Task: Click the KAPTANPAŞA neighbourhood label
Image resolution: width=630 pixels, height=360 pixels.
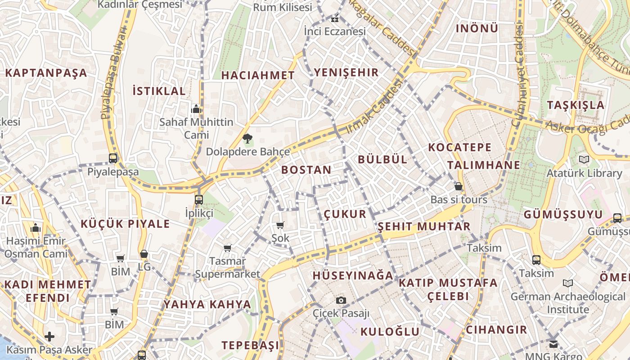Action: pyautogui.click(x=46, y=73)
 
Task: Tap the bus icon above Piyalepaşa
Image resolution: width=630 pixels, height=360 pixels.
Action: pyautogui.click(x=113, y=158)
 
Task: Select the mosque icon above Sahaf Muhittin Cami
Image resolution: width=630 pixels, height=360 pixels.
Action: pyautogui.click(x=196, y=109)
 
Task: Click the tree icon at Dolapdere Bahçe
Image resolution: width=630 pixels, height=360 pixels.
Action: pyautogui.click(x=247, y=139)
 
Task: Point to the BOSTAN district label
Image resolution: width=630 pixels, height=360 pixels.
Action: pyautogui.click(x=306, y=170)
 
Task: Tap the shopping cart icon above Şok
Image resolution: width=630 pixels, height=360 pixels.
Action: pyautogui.click(x=280, y=225)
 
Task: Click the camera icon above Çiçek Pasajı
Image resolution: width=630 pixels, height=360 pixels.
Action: pyautogui.click(x=341, y=300)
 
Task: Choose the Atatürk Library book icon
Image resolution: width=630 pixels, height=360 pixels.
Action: pyautogui.click(x=584, y=159)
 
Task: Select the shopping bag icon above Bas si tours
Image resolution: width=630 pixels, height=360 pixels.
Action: pyautogui.click(x=459, y=186)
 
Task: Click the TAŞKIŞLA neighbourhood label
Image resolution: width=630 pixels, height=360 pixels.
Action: pyautogui.click(x=576, y=105)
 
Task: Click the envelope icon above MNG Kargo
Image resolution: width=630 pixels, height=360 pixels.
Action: pyautogui.click(x=553, y=344)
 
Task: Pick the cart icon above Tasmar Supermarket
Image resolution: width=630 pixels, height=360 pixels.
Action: pyautogui.click(x=228, y=248)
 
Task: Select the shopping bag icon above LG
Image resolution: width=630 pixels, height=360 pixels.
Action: pyautogui.click(x=144, y=254)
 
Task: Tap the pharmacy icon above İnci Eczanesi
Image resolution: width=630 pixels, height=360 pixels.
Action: pyautogui.click(x=334, y=19)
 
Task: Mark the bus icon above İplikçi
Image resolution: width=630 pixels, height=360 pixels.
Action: pyautogui.click(x=199, y=199)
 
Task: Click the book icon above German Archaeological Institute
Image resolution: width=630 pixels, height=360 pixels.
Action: pyautogui.click(x=567, y=283)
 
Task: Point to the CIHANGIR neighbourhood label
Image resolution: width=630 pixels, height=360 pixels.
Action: pyautogui.click(x=496, y=329)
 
